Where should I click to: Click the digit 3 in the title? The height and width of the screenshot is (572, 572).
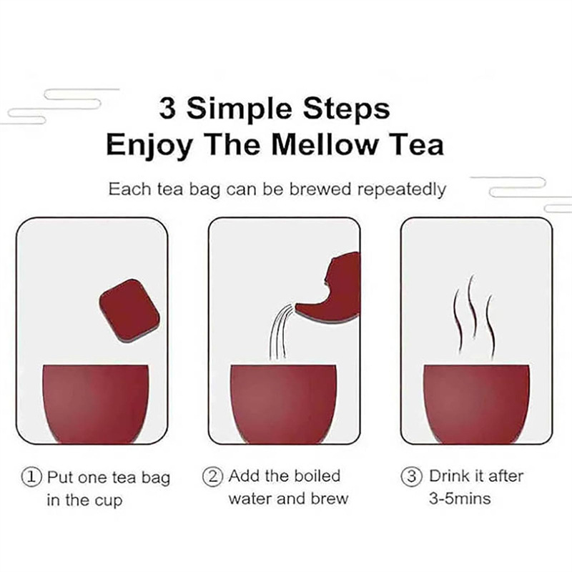tap(167, 109)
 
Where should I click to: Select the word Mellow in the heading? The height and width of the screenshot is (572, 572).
tap(325, 145)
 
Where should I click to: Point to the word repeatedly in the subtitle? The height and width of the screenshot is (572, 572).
tap(401, 190)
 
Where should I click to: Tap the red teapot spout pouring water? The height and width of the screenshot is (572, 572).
tap(327, 288)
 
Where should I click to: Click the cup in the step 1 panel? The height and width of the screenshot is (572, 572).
tap(96, 404)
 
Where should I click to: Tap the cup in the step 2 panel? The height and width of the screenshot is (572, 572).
tap(284, 404)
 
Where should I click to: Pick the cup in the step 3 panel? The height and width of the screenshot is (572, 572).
tap(476, 404)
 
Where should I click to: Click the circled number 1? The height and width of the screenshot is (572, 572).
tap(32, 477)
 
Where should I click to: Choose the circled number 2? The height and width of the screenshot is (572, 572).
tap(212, 476)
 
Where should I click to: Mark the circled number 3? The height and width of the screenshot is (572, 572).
tap(412, 476)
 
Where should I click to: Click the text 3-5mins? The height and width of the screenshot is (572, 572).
tap(460, 498)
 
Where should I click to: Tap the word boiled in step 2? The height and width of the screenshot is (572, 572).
tap(317, 476)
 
